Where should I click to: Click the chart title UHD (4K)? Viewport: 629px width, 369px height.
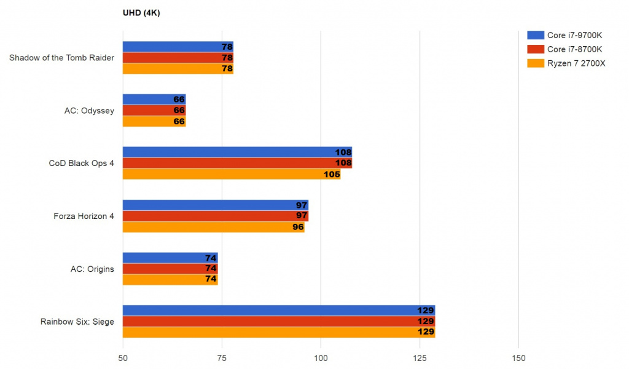pos(142,12)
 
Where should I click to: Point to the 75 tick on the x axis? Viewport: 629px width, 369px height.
pos(222,358)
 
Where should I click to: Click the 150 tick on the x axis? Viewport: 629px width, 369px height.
pos(518,358)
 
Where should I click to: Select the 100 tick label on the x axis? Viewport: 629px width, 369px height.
pos(321,358)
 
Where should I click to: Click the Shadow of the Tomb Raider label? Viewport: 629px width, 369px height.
pos(61,58)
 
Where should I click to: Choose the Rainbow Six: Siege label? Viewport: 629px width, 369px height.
pos(77,322)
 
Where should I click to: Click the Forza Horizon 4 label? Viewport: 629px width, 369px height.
pos(83,216)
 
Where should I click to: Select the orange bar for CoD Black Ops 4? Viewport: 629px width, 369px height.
pos(232,174)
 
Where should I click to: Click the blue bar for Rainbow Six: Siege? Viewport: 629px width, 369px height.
pos(279,311)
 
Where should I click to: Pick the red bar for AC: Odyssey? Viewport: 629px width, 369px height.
pos(154,111)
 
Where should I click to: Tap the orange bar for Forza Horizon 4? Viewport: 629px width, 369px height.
pos(214,227)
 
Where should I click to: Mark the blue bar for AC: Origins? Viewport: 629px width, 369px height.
pos(170,258)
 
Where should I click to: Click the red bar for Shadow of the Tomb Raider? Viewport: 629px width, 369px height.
pos(178,58)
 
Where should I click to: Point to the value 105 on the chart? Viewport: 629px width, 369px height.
pos(332,174)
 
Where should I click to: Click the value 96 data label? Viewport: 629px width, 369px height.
pos(298,227)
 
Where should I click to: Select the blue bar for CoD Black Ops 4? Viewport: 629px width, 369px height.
pos(237,152)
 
